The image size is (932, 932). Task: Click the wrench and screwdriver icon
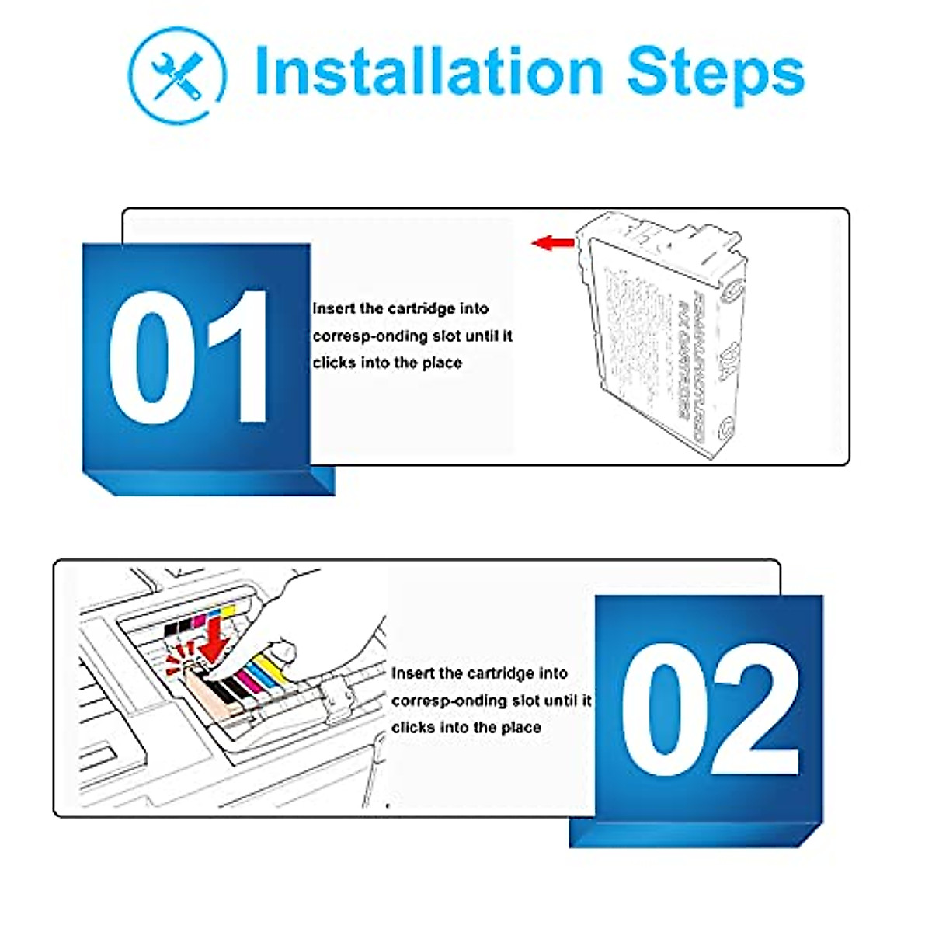click(x=177, y=74)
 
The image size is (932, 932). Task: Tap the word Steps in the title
click(x=715, y=74)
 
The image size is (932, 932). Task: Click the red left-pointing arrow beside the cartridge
click(x=552, y=243)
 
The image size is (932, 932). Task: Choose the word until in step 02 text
click(x=561, y=701)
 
